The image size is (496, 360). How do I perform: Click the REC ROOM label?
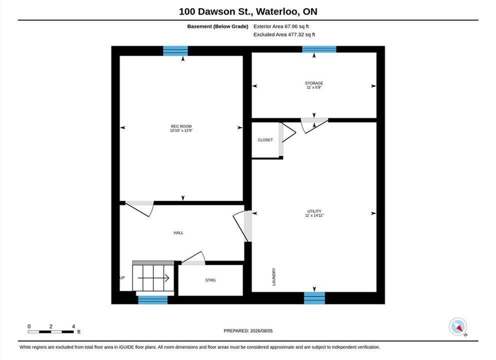181,126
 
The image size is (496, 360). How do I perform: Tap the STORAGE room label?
314,83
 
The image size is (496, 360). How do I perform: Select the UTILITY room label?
314,211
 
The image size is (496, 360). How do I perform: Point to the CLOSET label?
265,140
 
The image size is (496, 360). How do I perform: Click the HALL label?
178,232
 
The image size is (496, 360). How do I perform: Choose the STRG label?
210,280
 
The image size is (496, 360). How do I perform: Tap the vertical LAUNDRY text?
274,276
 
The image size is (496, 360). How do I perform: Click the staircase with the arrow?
153,276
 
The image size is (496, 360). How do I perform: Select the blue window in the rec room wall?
175,51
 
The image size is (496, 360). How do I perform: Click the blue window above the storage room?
319,49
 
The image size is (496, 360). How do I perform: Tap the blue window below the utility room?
314,298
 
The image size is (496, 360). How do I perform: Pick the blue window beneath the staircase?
153,300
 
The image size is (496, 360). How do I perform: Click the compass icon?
458,327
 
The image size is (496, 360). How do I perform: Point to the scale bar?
50,332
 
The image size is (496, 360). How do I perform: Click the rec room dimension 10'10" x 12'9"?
181,130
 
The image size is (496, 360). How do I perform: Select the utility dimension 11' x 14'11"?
314,215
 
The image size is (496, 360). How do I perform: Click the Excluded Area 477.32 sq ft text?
284,34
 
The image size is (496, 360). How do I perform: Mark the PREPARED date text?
248,330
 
